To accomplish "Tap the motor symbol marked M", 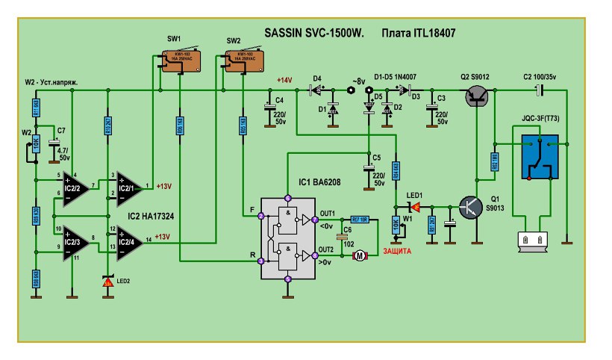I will point(360,256).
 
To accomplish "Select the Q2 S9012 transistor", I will point(475,96).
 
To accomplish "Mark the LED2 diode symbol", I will point(107,280).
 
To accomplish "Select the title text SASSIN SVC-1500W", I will point(313,34).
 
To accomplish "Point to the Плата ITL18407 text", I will point(418,34).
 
